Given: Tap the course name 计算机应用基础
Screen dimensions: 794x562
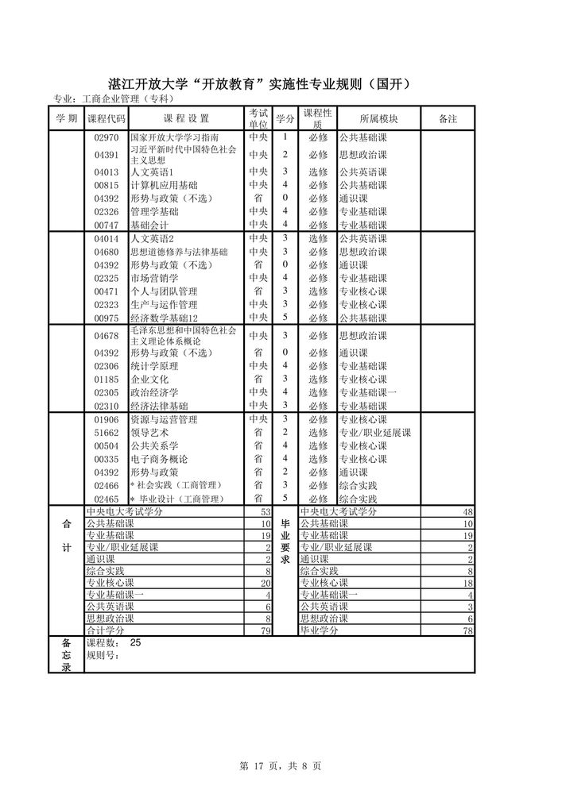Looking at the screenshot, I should pos(159,185).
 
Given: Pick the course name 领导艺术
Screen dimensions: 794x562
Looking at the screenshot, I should pos(149,433).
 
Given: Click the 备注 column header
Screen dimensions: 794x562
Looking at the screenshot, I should pos(448,118).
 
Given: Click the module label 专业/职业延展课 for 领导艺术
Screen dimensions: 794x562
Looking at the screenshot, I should pos(374,433).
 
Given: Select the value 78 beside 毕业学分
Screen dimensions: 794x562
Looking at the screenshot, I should pos(468,630).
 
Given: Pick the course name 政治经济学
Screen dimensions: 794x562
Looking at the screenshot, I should pos(154,392).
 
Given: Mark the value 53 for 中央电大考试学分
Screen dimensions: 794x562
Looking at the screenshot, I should pos(266,512).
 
